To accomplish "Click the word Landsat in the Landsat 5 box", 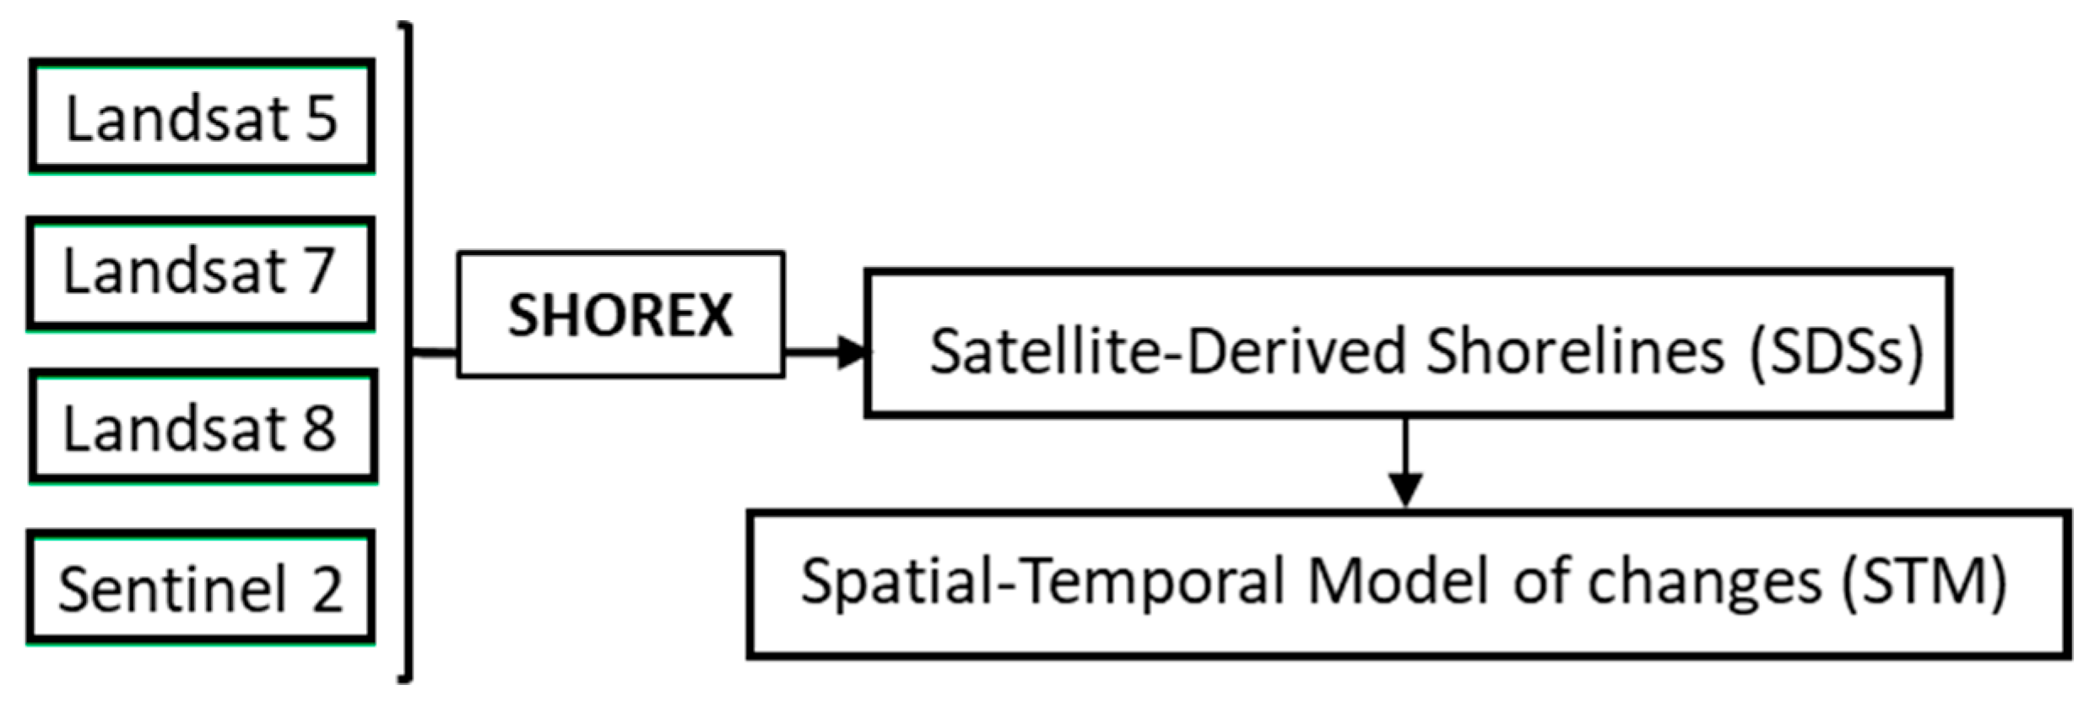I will coord(177,118).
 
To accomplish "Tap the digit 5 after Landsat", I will coord(321,118).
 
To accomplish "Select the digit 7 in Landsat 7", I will coord(319,272).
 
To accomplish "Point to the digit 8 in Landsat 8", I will coord(319,428).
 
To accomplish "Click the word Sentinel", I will coord(173,589).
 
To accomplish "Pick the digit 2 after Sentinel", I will coord(327,589).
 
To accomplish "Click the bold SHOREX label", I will coord(620,316).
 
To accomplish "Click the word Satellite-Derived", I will coord(1169,351).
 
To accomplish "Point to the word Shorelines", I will coord(1574,351).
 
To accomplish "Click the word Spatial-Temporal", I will coord(1042,583).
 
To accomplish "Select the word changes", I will coord(1705,583).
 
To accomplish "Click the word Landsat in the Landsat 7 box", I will coord(176,272).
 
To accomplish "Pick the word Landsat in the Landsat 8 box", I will coord(176,428).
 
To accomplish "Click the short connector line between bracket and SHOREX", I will coord(435,352).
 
